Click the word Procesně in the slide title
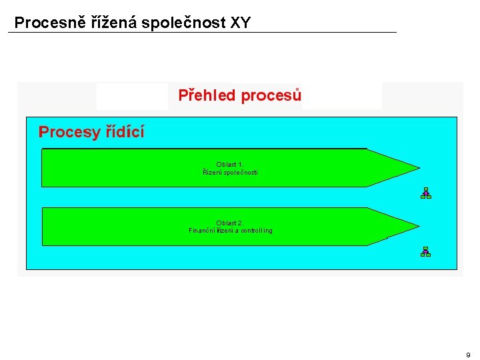[x=41, y=23]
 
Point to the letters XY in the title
[x=241, y=23]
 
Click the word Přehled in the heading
[x=207, y=96]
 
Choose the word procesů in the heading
[x=271, y=96]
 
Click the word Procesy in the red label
[x=69, y=132]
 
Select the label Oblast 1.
[x=230, y=164]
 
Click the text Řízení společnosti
[x=230, y=173]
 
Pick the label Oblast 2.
[x=230, y=223]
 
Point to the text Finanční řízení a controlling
[x=230, y=231]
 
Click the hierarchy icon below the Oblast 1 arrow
[x=425, y=193]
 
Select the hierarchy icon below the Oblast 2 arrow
[x=425, y=251]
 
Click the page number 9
[x=468, y=355]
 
